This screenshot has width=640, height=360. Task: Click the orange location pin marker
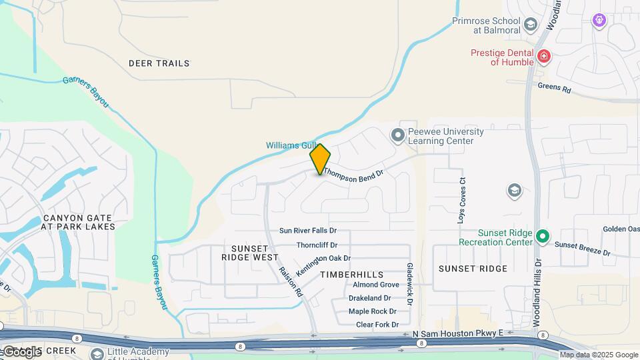(x=320, y=159)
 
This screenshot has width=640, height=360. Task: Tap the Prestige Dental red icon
(x=544, y=57)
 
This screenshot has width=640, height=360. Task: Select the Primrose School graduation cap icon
(x=531, y=25)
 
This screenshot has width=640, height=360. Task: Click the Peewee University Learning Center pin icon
(x=398, y=136)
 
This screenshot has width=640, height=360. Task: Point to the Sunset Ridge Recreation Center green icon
(x=543, y=236)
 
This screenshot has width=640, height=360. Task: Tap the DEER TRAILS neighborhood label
(x=159, y=63)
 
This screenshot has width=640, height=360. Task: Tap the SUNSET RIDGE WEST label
(x=255, y=252)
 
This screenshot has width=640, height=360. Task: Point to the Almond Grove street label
(x=376, y=285)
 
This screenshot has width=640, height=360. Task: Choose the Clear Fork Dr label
(x=377, y=325)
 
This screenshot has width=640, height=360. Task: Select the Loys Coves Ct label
(x=460, y=200)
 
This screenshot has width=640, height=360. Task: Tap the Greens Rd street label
(x=555, y=88)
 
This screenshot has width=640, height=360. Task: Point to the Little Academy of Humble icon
(x=98, y=354)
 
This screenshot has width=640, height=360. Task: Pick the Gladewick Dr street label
(x=410, y=283)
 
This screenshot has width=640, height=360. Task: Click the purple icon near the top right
(x=599, y=20)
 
